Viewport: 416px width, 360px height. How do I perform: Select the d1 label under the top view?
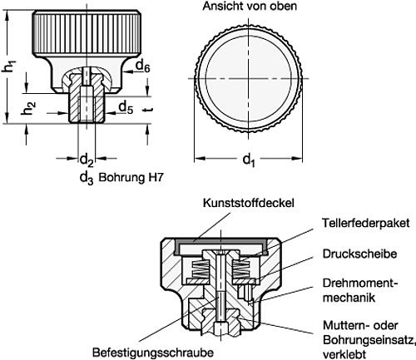(250, 163)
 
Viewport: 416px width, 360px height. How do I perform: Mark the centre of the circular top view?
(250, 77)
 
